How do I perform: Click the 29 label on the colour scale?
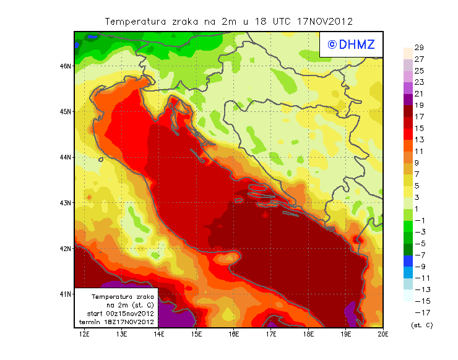coord(419,48)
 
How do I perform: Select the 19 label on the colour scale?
coord(419,105)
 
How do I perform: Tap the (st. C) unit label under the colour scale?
coord(422,325)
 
